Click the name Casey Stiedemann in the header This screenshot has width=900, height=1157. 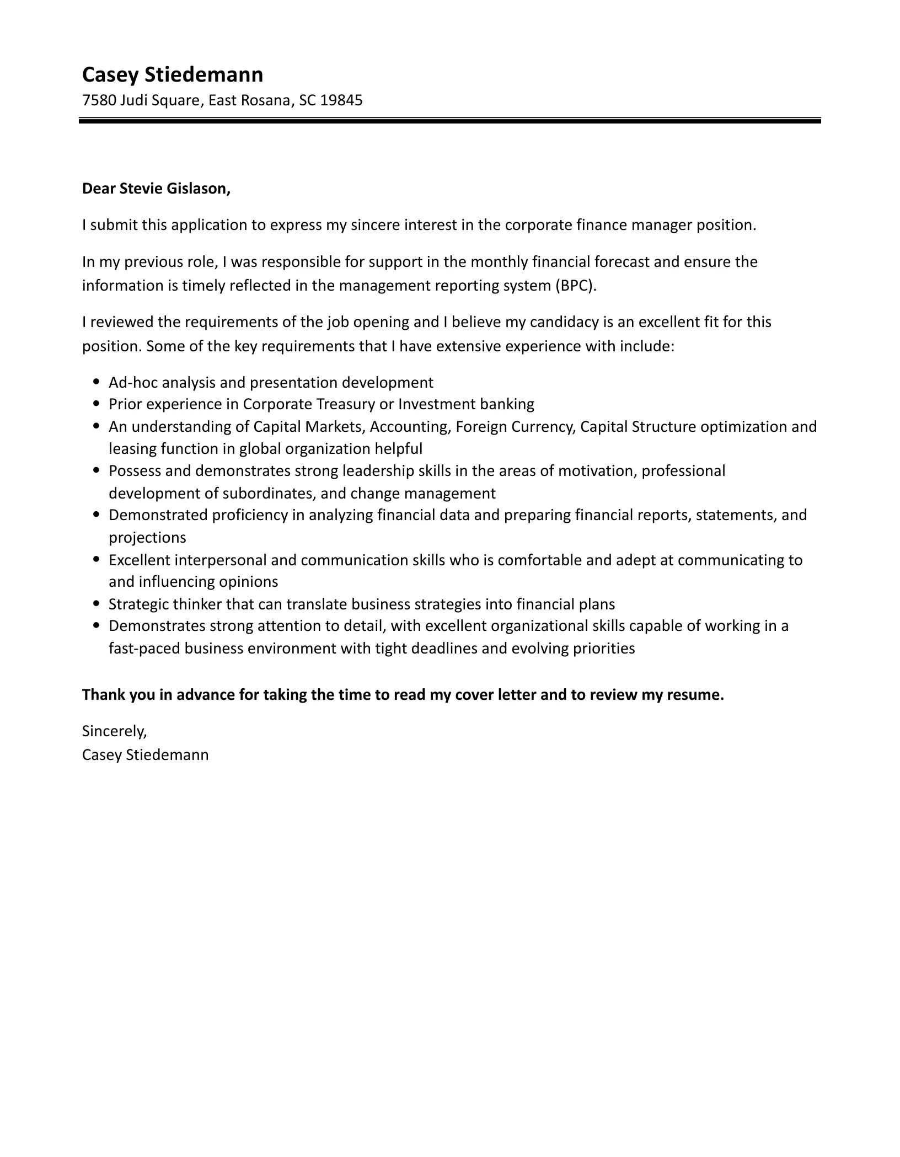point(172,74)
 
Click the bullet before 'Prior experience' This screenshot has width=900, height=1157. point(97,404)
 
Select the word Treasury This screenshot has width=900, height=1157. point(345,404)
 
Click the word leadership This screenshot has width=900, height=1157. point(379,471)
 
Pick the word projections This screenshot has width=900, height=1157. point(147,537)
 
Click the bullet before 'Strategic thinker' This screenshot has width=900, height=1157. point(97,604)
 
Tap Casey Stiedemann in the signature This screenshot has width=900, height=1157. point(145,754)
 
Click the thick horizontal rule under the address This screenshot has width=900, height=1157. point(449,120)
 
